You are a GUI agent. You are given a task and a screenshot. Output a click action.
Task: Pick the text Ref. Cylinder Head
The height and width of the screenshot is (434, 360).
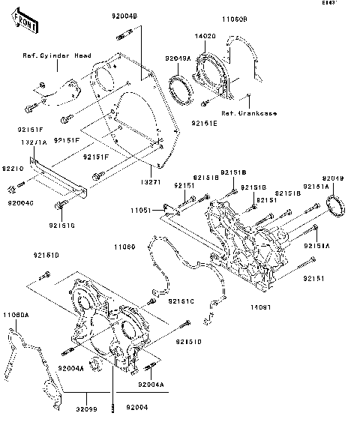point(56,55)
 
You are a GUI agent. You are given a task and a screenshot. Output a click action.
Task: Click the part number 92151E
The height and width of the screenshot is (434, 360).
point(204,121)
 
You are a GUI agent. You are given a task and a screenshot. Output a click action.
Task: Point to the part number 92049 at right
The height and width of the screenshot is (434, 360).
point(334,178)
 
